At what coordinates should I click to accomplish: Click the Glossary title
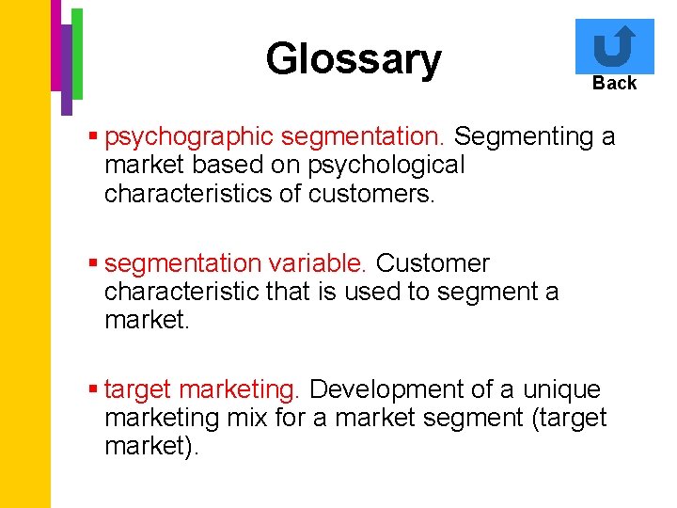(353, 58)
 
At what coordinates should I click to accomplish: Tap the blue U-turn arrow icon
(614, 46)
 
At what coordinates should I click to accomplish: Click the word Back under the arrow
(614, 83)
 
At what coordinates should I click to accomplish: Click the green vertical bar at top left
(78, 53)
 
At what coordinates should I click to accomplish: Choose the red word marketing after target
(239, 389)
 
